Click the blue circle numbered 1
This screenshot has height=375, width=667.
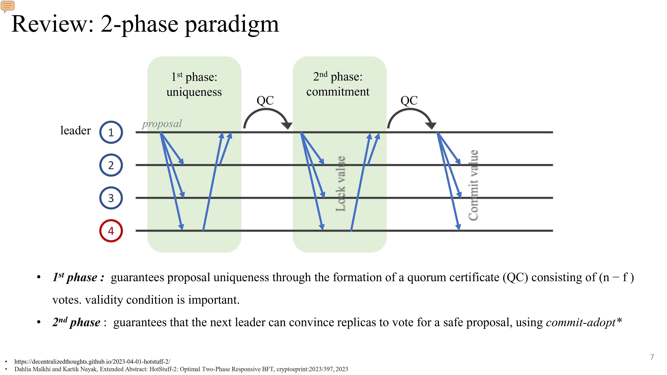pos(111,132)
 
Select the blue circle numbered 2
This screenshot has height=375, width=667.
pos(111,165)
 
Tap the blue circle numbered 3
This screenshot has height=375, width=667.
pos(111,198)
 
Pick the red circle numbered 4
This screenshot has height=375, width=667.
pos(111,231)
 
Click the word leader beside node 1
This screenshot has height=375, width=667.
pos(75,130)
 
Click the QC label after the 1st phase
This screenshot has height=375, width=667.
pos(265,100)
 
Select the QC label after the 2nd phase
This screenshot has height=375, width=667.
pos(409,100)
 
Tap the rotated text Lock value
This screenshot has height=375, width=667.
pos(340,184)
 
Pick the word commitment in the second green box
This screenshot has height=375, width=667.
pos(338,92)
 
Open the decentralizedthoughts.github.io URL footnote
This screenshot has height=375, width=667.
pos(92,361)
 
